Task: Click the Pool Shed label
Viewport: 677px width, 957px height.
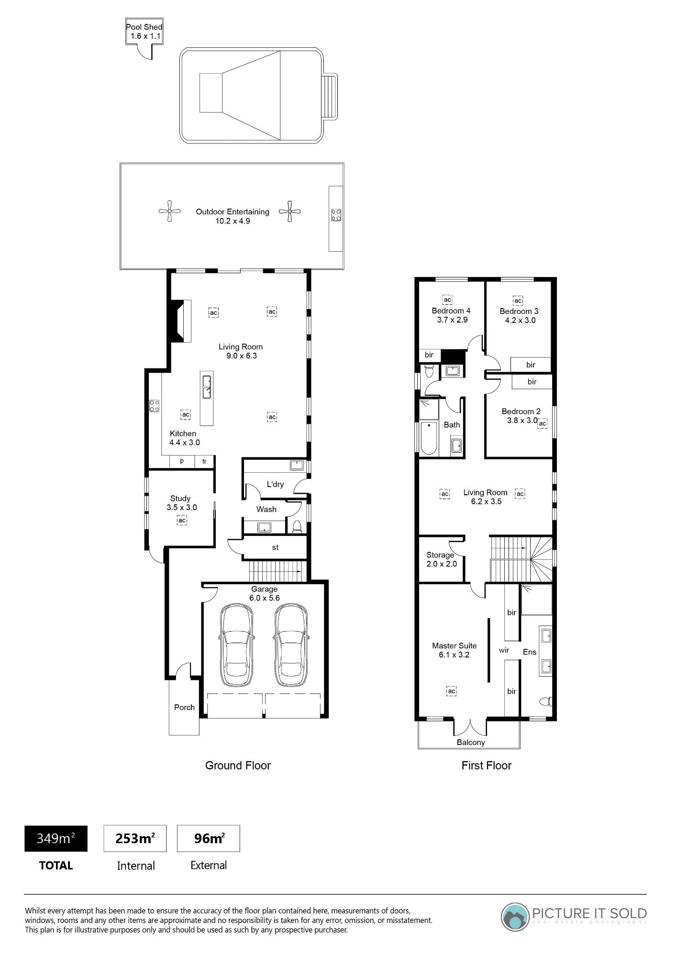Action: coord(144,27)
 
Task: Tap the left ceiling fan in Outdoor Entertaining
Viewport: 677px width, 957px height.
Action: coord(169,211)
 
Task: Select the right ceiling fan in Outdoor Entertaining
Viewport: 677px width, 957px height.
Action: coord(289,211)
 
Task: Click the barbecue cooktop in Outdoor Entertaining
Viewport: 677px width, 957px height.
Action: coord(336,215)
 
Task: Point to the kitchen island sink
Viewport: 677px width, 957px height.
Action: coord(207,387)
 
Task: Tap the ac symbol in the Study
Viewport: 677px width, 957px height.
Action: coord(182,520)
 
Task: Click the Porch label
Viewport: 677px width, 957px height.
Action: coord(184,707)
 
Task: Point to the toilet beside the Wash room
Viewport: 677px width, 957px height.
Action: coord(297,527)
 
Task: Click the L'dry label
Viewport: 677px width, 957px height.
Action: coord(275,484)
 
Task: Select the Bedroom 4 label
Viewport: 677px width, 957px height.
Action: coord(451,311)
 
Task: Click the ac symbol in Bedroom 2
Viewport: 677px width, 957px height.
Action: coord(542,423)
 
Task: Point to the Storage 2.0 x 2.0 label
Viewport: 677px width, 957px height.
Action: coord(441,559)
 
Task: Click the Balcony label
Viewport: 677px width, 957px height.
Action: coord(471,742)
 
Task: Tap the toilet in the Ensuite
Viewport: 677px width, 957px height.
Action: coord(545,701)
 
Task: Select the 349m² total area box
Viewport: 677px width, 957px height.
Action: coord(56,838)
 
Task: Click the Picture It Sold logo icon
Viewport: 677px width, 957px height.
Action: coord(515,917)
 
